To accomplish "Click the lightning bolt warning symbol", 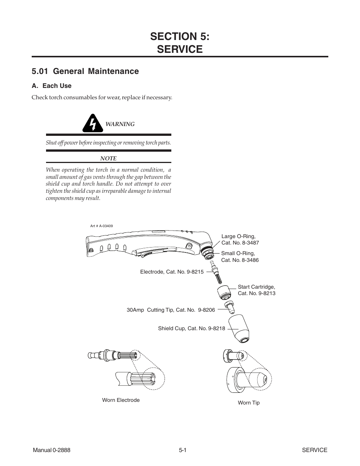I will coord(93,123).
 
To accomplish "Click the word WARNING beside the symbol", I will coord(120,124).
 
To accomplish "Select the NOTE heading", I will coord(108,158).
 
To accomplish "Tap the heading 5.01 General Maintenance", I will coord(85,71).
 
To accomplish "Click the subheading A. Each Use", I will coord(51,86).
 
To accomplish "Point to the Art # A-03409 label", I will coord(102,226).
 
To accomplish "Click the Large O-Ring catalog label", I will coord(240,240).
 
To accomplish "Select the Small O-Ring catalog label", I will coord(240,257).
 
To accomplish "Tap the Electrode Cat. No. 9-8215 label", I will coord(172,272).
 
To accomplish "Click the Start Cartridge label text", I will coord(256,290).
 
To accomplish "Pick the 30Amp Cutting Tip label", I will coord(171,310).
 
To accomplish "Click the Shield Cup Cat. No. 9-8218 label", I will coord(191,328).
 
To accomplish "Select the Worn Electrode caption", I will coord(121,400).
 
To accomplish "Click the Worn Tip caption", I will coord(249,403).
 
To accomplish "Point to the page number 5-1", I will coord(183,450).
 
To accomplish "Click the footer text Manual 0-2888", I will coord(52,450).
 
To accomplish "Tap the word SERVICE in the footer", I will coord(314,450).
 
